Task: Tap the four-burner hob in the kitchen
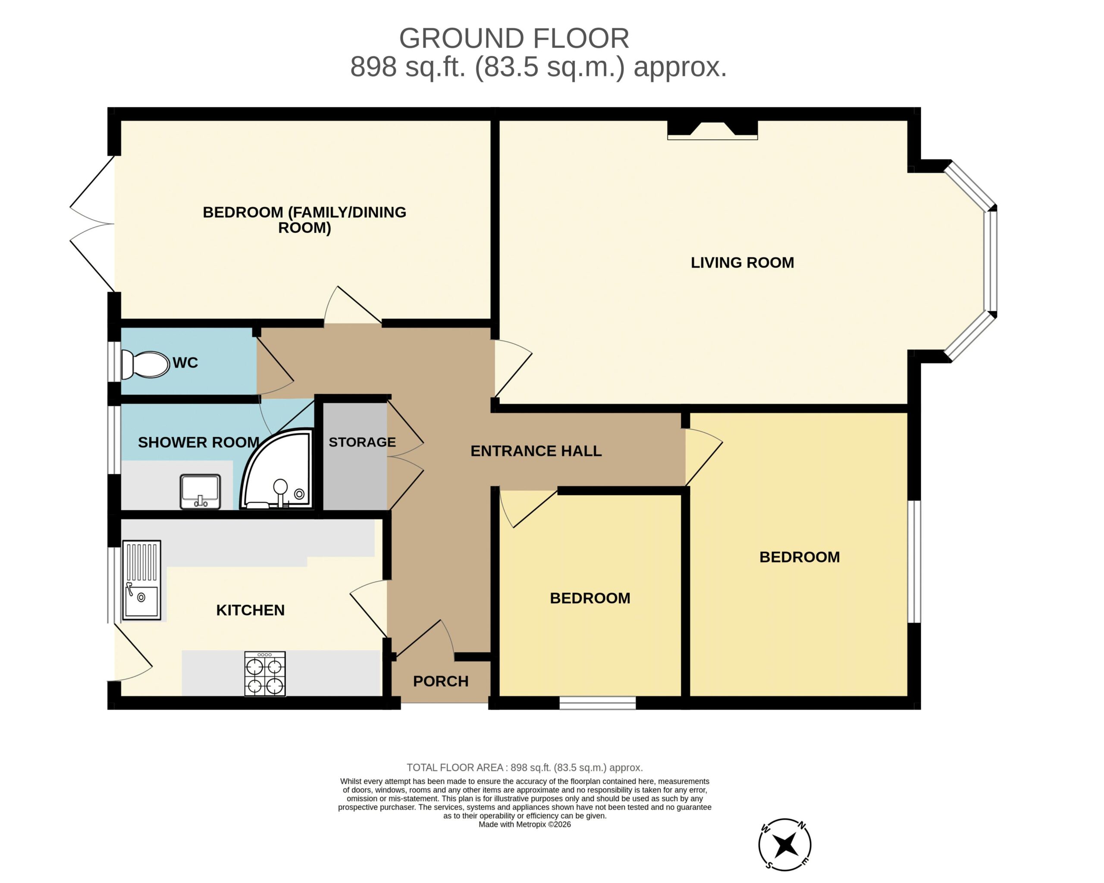tap(265, 673)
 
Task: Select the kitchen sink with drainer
tap(141, 580)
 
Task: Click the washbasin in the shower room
tap(200, 492)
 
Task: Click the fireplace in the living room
tap(712, 130)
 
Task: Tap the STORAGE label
tap(362, 442)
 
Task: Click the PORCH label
tap(441, 681)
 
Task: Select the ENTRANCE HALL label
tap(536, 451)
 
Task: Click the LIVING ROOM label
tap(743, 263)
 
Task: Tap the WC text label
tap(185, 363)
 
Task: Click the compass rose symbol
tap(785, 845)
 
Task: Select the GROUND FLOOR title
tap(514, 38)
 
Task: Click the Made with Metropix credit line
tap(525, 824)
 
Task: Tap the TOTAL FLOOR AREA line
tap(525, 767)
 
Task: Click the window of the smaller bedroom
tap(598, 703)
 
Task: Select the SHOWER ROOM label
tap(199, 442)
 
